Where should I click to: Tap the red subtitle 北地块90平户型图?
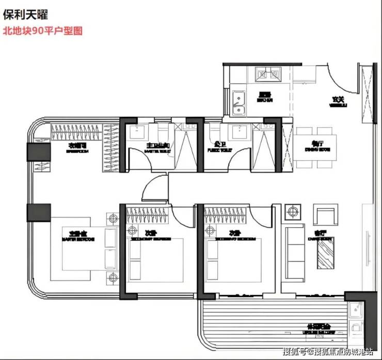tap(42, 30)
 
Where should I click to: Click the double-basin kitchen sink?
tap(238, 102)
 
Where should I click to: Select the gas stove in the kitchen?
tap(267, 76)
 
